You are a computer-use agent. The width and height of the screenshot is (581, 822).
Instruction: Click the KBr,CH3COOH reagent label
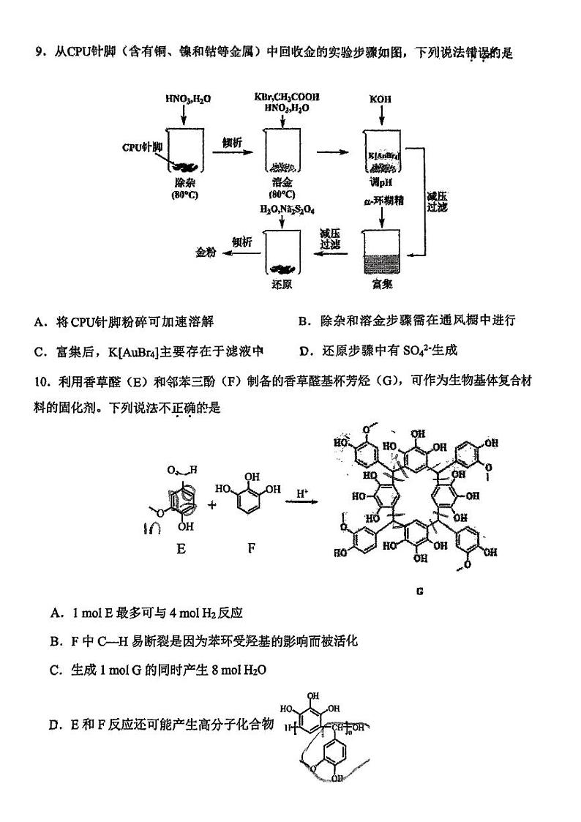287,97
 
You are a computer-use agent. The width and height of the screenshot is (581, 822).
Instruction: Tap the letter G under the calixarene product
420,591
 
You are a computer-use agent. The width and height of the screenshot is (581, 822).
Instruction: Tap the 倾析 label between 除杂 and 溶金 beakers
233,143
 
